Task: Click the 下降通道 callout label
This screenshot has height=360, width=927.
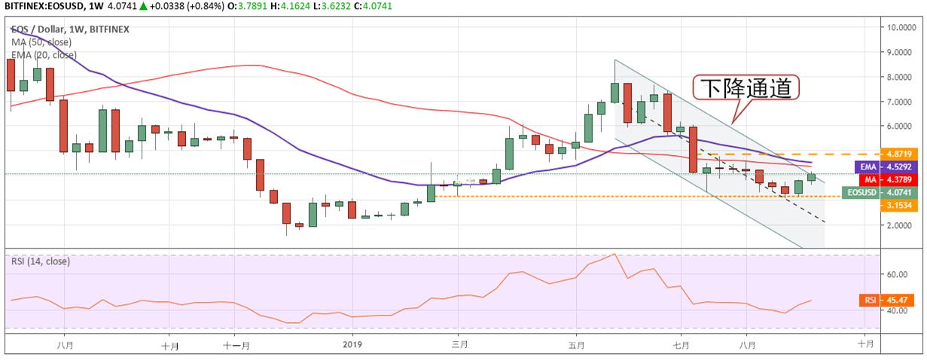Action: tap(746, 89)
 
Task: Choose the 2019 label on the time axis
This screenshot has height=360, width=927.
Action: tap(352, 345)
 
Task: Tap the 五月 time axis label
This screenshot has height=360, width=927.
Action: tap(576, 345)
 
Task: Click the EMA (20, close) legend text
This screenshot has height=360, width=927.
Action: tap(44, 54)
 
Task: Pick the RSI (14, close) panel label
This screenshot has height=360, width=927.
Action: tap(41, 261)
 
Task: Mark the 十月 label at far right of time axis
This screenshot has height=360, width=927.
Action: tap(866, 345)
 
